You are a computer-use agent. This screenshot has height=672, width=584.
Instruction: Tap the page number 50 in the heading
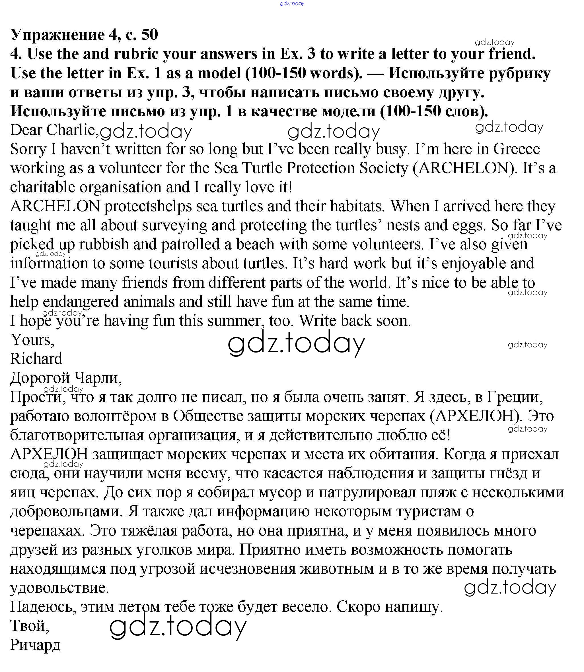149,34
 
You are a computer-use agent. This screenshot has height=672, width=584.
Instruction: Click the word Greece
516,149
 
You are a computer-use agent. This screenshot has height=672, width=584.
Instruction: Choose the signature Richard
36,359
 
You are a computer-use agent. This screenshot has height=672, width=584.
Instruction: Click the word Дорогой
40,378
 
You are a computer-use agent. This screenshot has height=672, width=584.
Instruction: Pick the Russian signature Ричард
35,645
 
